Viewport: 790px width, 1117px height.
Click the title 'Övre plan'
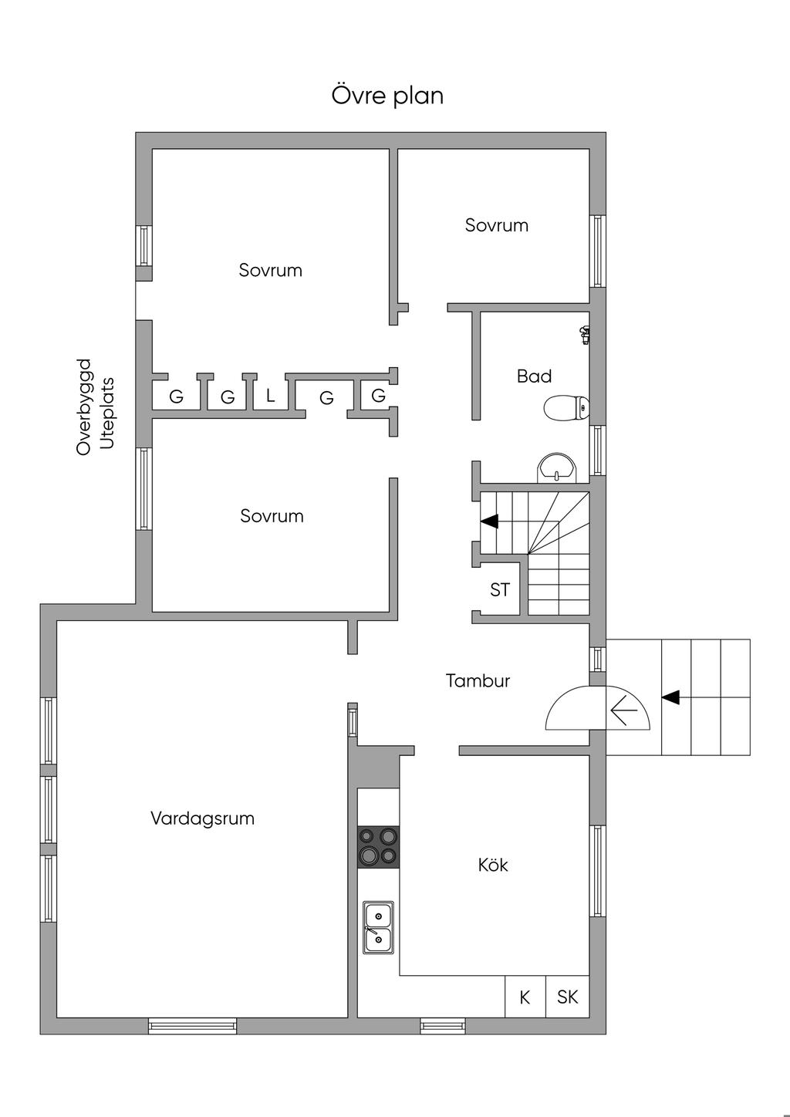point(387,96)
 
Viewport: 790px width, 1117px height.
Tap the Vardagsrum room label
point(202,818)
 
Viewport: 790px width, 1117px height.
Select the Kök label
point(493,865)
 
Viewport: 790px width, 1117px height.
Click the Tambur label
point(478,680)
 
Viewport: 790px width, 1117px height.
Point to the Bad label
point(534,376)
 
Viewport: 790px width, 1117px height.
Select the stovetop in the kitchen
point(378,846)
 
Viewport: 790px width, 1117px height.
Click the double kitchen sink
point(378,927)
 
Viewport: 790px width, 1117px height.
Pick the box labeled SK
point(567,997)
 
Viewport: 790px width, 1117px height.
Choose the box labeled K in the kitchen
point(525,997)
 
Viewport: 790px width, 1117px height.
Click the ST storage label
point(500,590)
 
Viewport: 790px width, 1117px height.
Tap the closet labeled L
point(270,396)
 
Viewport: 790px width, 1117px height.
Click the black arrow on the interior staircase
point(489,521)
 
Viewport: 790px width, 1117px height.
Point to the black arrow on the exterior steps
point(670,697)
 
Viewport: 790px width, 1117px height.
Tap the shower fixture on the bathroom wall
point(586,334)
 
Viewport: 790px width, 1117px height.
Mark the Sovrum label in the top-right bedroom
point(496,225)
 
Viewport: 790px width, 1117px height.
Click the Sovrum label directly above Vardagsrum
point(272,515)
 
